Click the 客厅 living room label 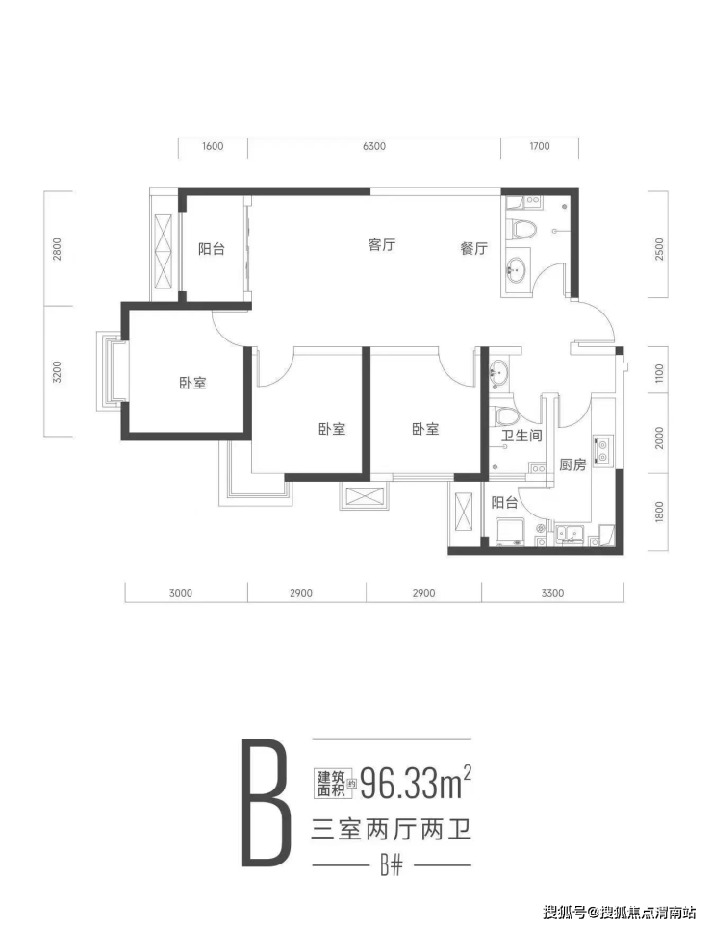tap(381, 245)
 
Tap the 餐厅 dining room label tap(473, 248)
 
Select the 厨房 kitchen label tap(572, 464)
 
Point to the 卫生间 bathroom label tap(521, 437)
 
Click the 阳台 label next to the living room tap(211, 249)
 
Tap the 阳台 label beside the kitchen tap(504, 503)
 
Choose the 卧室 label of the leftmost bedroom tap(192, 383)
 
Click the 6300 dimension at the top tap(374, 146)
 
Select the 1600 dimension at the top tap(213, 146)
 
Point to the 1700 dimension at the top tap(540, 146)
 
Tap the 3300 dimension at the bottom tap(552, 593)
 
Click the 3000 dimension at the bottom tap(180, 593)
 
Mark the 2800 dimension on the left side tap(57, 249)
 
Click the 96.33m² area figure tap(417, 785)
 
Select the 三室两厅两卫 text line tap(391, 831)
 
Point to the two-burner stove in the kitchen tap(603, 450)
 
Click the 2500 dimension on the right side tap(659, 249)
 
